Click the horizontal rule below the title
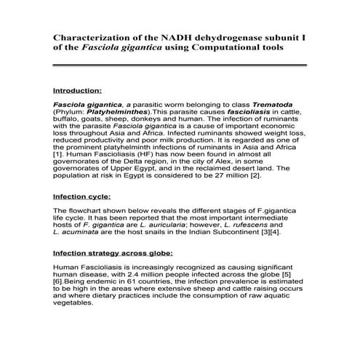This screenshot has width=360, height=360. point(177,66)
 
